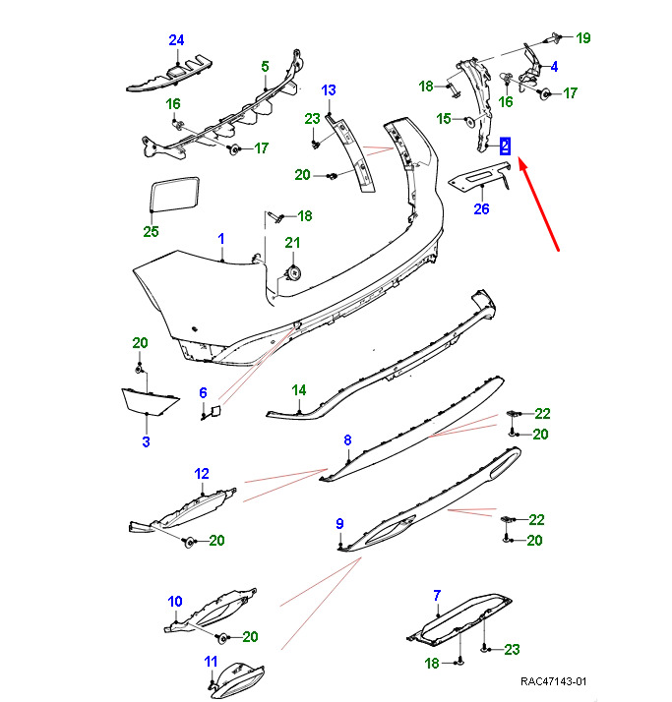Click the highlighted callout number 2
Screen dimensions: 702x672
(505, 146)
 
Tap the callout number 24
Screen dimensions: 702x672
(176, 40)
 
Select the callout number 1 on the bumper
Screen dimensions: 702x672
(221, 239)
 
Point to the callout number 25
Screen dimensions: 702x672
(151, 232)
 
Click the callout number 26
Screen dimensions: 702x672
(481, 207)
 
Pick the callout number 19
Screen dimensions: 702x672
(583, 38)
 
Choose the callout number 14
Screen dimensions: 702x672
(299, 390)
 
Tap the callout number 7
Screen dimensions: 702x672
(437, 594)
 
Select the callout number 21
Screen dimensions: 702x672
(291, 243)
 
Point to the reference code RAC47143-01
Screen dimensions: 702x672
(554, 681)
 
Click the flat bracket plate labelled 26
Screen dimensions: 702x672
(478, 176)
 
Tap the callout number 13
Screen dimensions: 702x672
(329, 90)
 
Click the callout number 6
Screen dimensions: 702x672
(204, 393)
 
